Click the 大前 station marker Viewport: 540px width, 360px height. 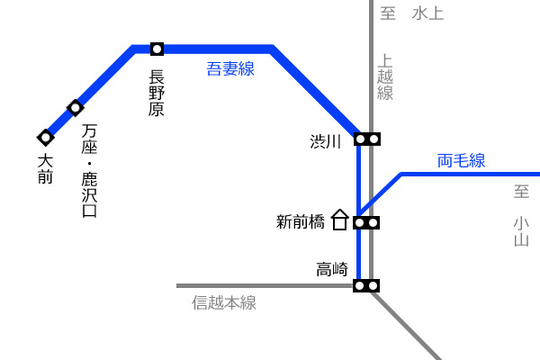point(46,138)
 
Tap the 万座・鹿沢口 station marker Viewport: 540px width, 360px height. point(76,108)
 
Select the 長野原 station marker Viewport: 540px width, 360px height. point(157,49)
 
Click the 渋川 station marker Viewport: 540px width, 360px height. point(367,139)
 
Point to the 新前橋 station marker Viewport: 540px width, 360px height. point(366,223)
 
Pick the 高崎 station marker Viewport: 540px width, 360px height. point(366,286)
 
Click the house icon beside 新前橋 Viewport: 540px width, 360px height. point(340,220)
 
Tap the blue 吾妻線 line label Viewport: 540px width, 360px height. point(230,68)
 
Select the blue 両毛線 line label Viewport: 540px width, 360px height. point(461,160)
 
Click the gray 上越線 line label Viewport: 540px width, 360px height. point(385,76)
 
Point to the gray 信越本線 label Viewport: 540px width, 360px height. point(224,302)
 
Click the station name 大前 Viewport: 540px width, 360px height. point(45,169)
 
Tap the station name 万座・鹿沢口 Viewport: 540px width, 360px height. point(89,170)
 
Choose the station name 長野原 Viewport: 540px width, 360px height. point(157,93)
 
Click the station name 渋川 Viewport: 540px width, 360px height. point(326,141)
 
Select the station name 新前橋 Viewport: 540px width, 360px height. point(301,222)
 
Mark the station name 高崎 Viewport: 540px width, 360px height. point(332,269)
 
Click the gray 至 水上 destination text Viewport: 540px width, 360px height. point(412,13)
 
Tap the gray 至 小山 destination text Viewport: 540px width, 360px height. point(521,216)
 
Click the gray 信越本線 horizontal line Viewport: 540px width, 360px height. point(265,286)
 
